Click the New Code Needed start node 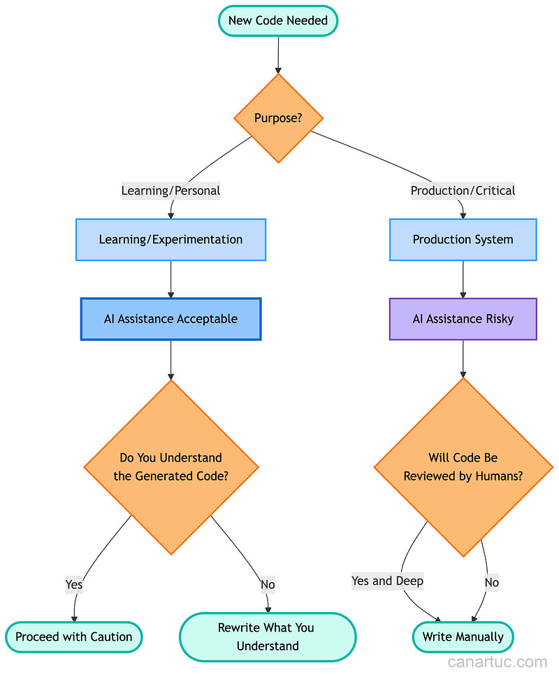tap(278, 21)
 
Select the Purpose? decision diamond tap(278, 118)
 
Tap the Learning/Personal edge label tap(170, 190)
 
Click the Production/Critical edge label tap(463, 190)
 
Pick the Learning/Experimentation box tap(170, 239)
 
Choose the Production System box tap(463, 239)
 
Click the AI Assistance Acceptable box tap(170, 319)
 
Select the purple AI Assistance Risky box tap(463, 319)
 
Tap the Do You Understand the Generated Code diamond tap(170, 467)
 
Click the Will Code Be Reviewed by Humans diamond tap(463, 467)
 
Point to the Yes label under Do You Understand tap(74, 584)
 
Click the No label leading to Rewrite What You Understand tap(268, 584)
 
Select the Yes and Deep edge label tap(387, 581)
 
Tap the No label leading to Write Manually tap(492, 582)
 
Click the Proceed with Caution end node tap(74, 637)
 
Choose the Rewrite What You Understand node tap(268, 637)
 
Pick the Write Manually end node tap(463, 637)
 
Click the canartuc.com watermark tap(498, 662)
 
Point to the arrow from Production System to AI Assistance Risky tap(463, 280)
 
